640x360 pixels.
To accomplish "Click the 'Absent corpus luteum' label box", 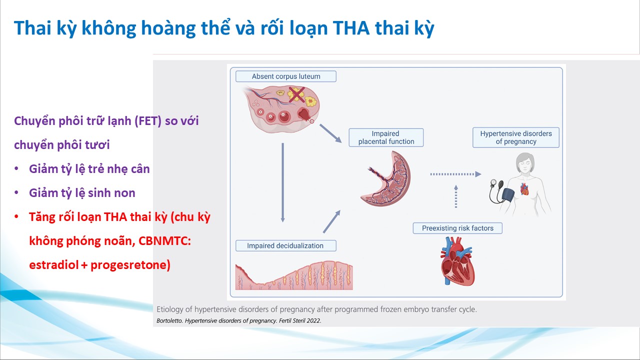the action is click(285, 76).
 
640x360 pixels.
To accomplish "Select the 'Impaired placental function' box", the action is click(386, 137).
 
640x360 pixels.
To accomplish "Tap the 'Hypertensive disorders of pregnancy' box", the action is click(515, 137).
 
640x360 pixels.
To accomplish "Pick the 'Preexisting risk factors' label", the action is click(457, 228).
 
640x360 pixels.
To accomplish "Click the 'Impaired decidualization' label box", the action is click(285, 245).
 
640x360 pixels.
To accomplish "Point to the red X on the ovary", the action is click(296, 95).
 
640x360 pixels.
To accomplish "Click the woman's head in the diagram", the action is click(525, 162).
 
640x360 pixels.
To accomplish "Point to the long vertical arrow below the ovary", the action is click(282, 182).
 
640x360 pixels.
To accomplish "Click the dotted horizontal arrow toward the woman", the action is click(455, 174).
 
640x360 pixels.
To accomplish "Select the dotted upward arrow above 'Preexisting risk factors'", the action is click(455, 196).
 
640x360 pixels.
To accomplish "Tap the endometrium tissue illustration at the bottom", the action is click(294, 275).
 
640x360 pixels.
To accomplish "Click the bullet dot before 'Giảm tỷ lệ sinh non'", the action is click(16, 192).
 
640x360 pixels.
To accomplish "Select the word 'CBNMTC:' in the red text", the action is click(164, 241).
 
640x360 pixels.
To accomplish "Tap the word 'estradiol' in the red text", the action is click(54, 264).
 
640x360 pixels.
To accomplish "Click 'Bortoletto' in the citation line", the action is click(169, 320).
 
